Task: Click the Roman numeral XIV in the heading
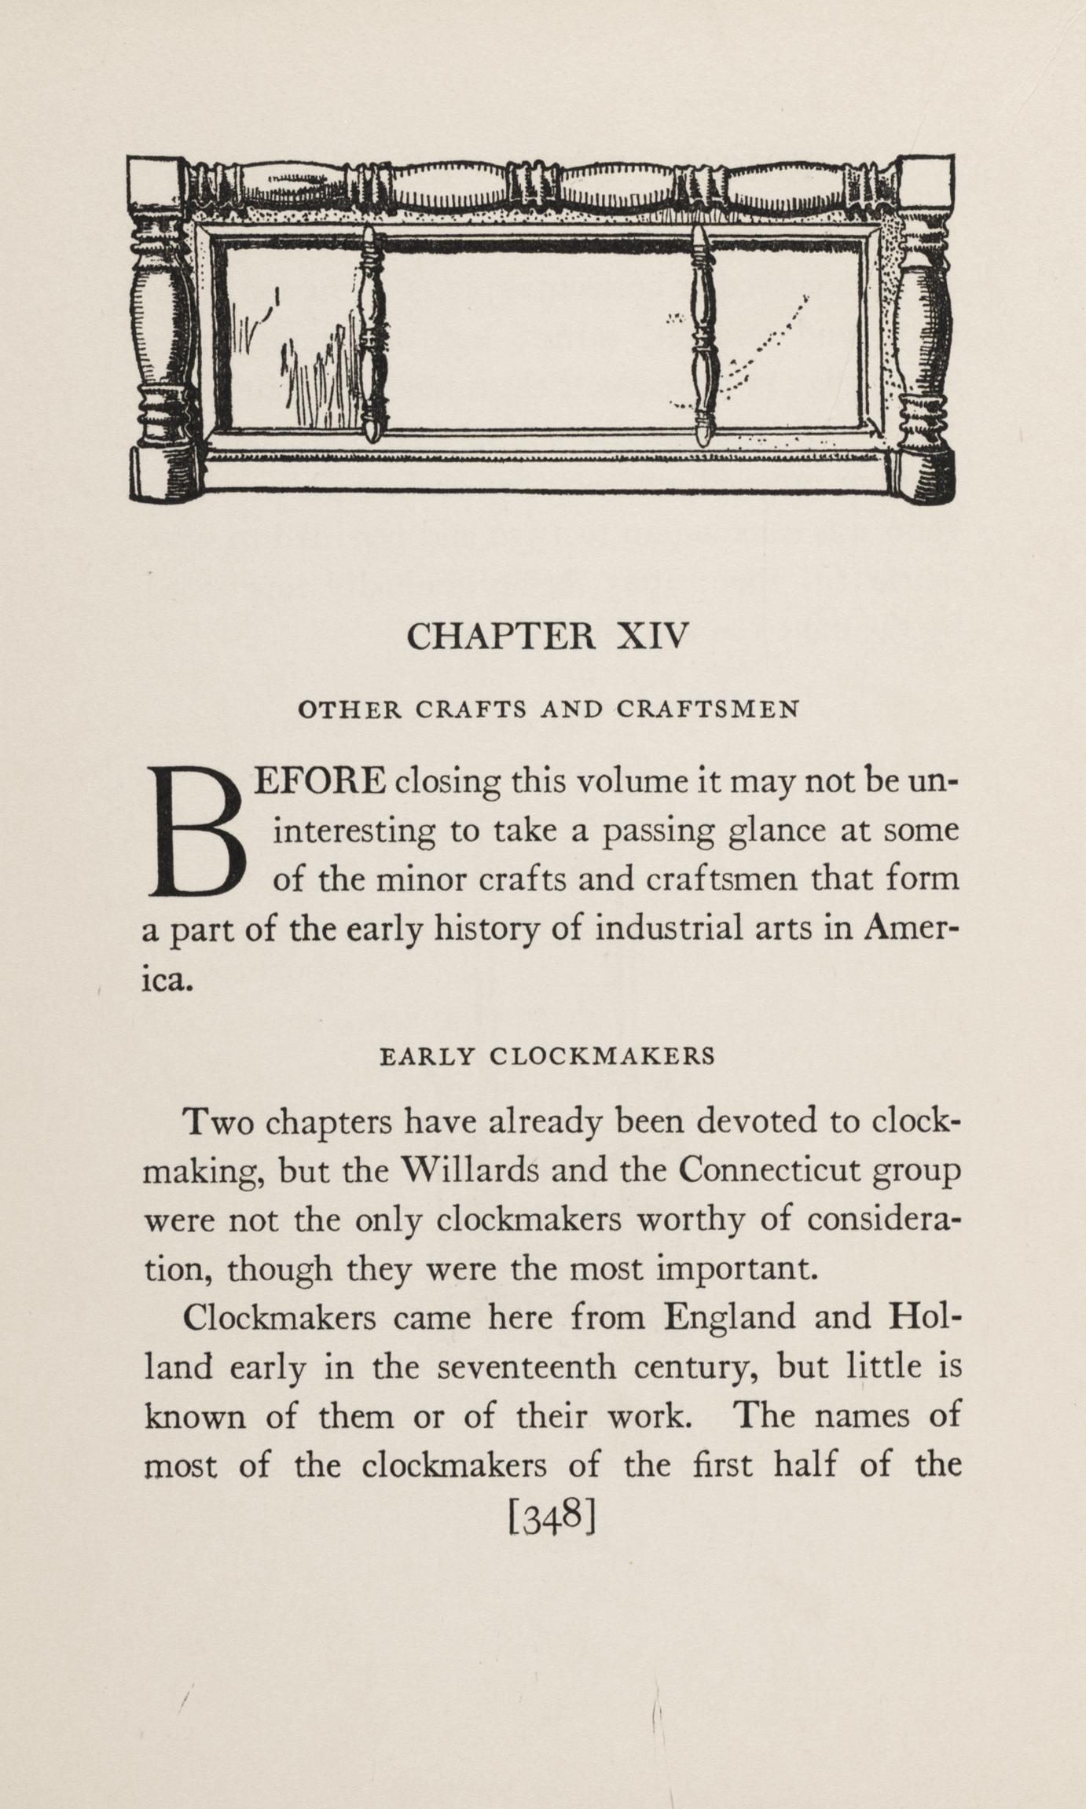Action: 652,635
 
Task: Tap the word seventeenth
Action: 527,1367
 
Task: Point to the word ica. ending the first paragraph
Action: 167,979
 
